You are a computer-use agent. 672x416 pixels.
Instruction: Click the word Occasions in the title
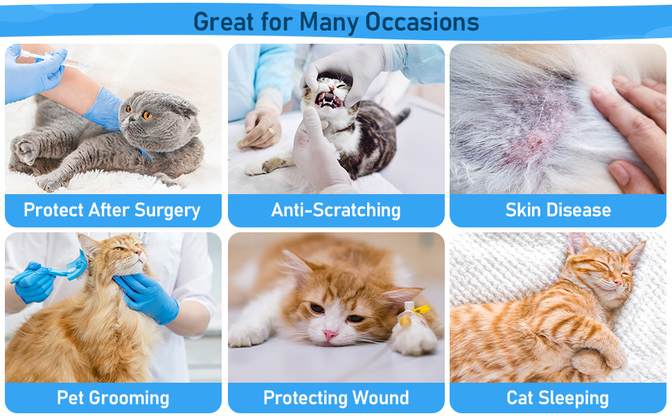[422, 21]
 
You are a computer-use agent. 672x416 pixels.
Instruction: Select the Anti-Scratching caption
[336, 210]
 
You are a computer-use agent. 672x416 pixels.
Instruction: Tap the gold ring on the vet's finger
[271, 130]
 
